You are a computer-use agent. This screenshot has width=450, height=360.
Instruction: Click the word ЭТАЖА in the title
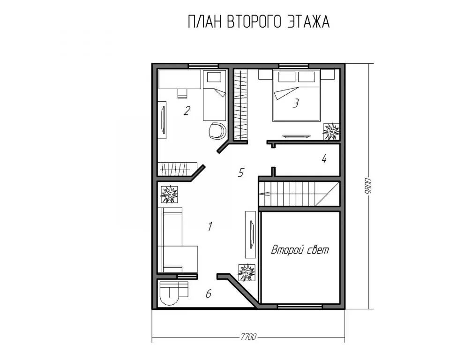(308, 22)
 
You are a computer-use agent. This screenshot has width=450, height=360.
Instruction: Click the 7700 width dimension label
(248, 336)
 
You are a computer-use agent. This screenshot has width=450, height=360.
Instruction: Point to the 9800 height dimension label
(368, 186)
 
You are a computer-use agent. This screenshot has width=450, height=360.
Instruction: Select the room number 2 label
(187, 111)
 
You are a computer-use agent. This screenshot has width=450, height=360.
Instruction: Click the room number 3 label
(296, 103)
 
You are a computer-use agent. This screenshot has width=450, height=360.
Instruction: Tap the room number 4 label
(324, 158)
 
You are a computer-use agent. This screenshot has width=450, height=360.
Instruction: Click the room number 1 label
(210, 226)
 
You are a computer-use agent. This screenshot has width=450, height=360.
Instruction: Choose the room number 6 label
(209, 293)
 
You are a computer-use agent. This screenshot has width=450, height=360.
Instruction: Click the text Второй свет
(300, 250)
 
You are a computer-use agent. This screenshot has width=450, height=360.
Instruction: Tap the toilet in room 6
(170, 293)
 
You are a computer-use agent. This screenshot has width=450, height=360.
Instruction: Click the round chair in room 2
(217, 131)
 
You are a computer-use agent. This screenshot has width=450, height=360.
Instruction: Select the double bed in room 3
(296, 95)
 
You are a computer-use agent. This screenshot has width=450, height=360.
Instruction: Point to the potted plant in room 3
(331, 131)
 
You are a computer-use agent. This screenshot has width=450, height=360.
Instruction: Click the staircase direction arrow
(264, 194)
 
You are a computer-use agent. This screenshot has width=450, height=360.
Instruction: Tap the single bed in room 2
(214, 95)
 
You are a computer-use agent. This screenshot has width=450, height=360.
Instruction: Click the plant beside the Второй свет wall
(247, 272)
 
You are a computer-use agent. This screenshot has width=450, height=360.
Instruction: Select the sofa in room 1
(178, 240)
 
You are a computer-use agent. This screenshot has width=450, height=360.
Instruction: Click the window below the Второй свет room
(300, 306)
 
